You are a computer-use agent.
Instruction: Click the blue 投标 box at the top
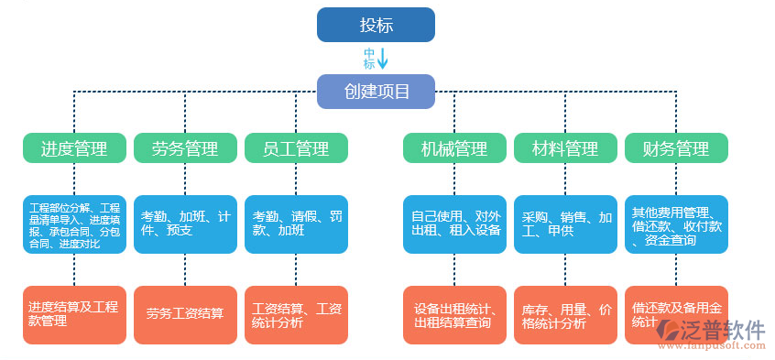pos(376,25)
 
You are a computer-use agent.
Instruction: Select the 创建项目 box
pos(376,92)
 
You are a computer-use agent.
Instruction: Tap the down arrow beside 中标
pos(383,59)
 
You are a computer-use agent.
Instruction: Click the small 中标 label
pos(369,59)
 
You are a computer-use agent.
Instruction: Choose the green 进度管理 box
pos(74,148)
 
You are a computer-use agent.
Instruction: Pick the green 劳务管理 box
pos(185,148)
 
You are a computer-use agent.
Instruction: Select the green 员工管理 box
pos(296,148)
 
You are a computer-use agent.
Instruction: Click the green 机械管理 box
pos(454,148)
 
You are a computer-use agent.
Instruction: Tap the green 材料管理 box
pos(565,148)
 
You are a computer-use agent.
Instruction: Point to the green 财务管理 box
pos(676,148)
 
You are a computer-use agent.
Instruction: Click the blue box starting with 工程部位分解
pos(74,224)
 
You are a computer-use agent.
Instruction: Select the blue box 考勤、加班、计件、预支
pos(185,224)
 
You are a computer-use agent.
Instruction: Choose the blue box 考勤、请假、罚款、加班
pos(296,224)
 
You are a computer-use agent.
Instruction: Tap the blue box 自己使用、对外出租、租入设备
pos(454,224)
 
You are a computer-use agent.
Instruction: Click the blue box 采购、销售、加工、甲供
pos(565,224)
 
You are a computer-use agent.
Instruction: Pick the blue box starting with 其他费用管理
pos(676,224)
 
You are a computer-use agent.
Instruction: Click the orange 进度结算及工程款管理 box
pos(74,314)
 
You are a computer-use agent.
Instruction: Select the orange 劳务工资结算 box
pos(185,314)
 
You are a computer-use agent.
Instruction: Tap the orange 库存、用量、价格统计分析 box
pos(565,314)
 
